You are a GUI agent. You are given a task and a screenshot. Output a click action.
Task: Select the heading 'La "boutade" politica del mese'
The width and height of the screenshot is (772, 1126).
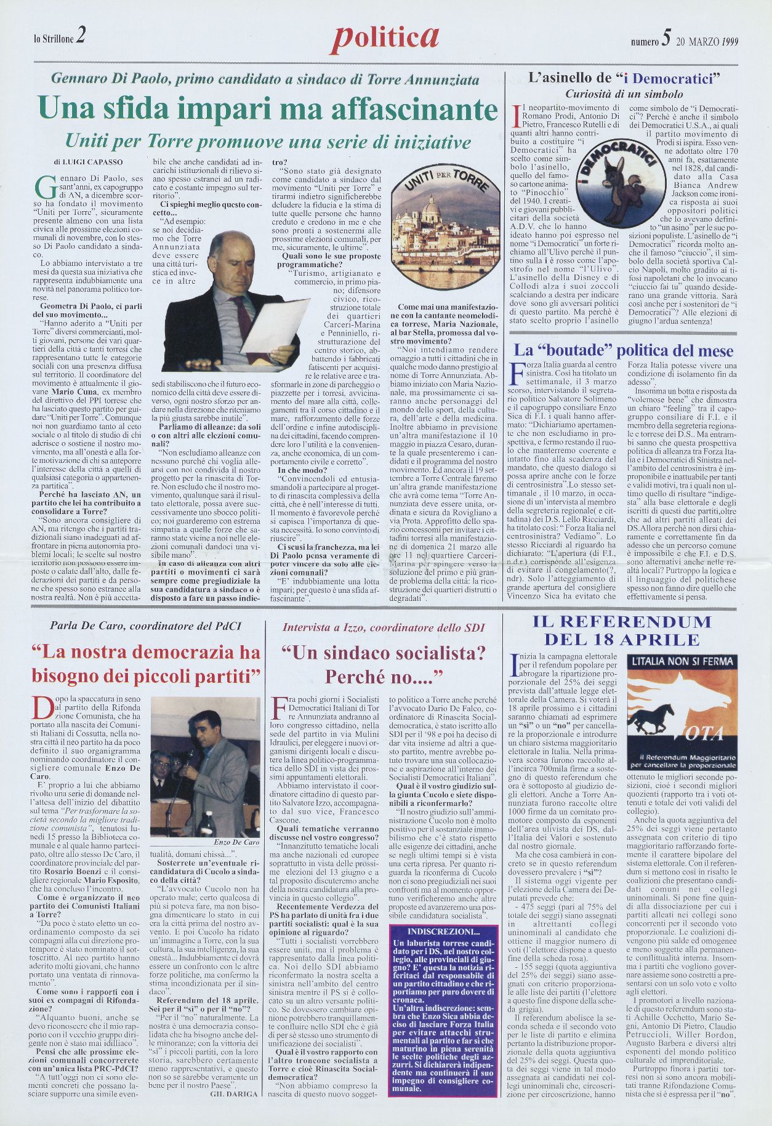click(624, 351)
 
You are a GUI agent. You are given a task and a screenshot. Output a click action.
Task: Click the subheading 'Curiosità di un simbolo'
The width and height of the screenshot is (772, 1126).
click(624, 94)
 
